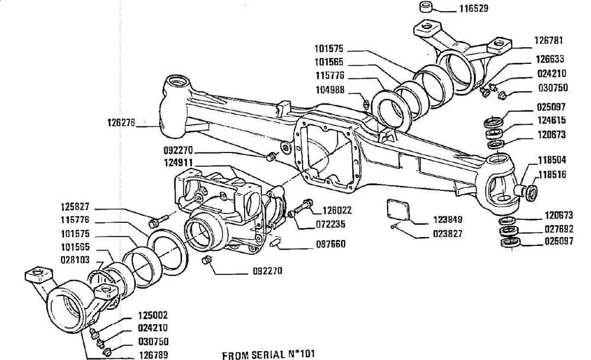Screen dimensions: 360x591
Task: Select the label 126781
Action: click(549, 41)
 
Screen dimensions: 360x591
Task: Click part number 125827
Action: click(74, 207)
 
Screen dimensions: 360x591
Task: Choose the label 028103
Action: click(74, 258)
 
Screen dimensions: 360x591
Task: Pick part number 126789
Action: click(153, 355)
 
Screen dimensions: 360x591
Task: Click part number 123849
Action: click(447, 219)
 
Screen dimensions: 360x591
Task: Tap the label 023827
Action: click(447, 233)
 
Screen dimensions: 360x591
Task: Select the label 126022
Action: click(337, 210)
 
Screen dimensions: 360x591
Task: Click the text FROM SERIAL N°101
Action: click(268, 355)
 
